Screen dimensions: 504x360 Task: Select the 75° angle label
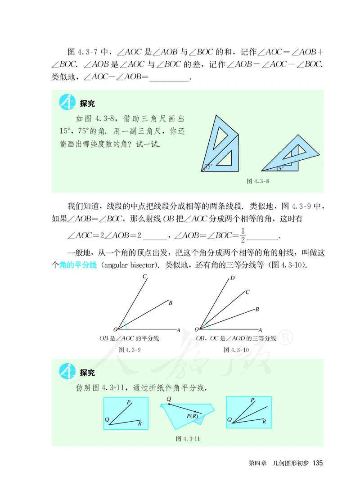[208, 166]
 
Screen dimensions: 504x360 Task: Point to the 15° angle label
[279, 169]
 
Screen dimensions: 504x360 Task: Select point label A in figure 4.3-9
[178, 330]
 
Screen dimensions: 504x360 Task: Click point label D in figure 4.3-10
[232, 278]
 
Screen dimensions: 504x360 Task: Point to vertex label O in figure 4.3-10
[198, 329]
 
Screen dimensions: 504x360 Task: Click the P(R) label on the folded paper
[193, 416]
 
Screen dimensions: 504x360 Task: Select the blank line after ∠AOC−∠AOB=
[170, 78]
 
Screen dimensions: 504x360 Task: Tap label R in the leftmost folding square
[140, 423]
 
